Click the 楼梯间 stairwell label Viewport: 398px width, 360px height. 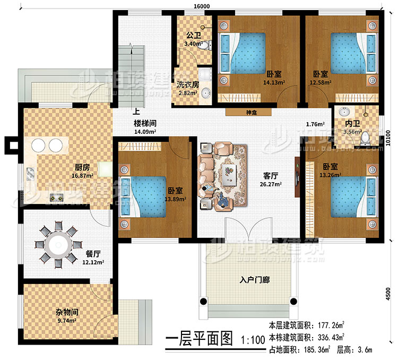pyautogui.click(x=144, y=122)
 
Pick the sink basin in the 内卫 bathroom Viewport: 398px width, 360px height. pyautogui.click(x=343, y=113)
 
